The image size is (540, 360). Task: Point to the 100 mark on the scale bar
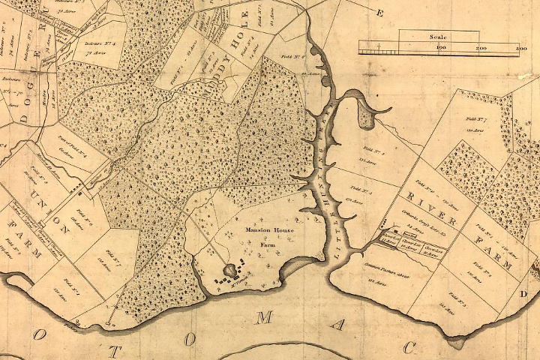pos(441,48)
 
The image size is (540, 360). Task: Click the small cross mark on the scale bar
pos(381,48)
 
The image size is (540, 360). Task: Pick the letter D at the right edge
pos(523,294)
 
